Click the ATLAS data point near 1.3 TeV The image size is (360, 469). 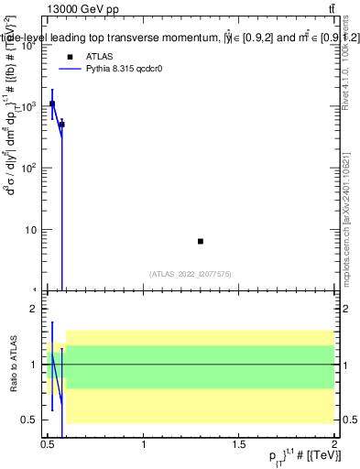tap(201, 241)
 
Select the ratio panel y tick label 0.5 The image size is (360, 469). tap(29, 420)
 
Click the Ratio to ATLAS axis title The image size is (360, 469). tap(14, 365)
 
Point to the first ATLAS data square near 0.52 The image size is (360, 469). tap(52, 104)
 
